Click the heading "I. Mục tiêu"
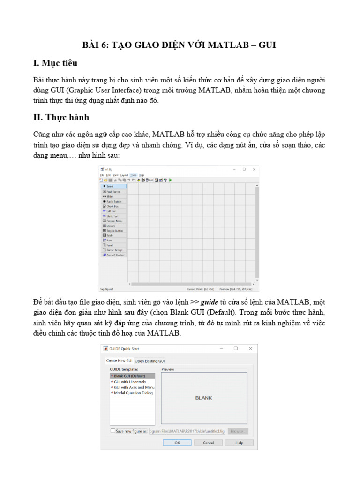click(x=55, y=63)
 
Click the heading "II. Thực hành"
click(x=61, y=117)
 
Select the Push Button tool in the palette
click(x=113, y=191)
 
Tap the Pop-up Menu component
click(x=114, y=221)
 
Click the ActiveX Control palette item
click(x=115, y=255)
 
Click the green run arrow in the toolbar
click(x=171, y=180)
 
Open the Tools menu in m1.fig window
click(x=134, y=175)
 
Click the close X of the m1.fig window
click(x=254, y=169)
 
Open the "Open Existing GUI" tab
click(x=150, y=361)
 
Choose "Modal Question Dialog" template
click(x=133, y=393)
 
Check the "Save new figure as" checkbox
click(x=112, y=431)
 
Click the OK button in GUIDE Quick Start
click(x=177, y=442)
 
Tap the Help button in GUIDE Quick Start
click(x=239, y=442)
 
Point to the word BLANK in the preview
click(x=203, y=398)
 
